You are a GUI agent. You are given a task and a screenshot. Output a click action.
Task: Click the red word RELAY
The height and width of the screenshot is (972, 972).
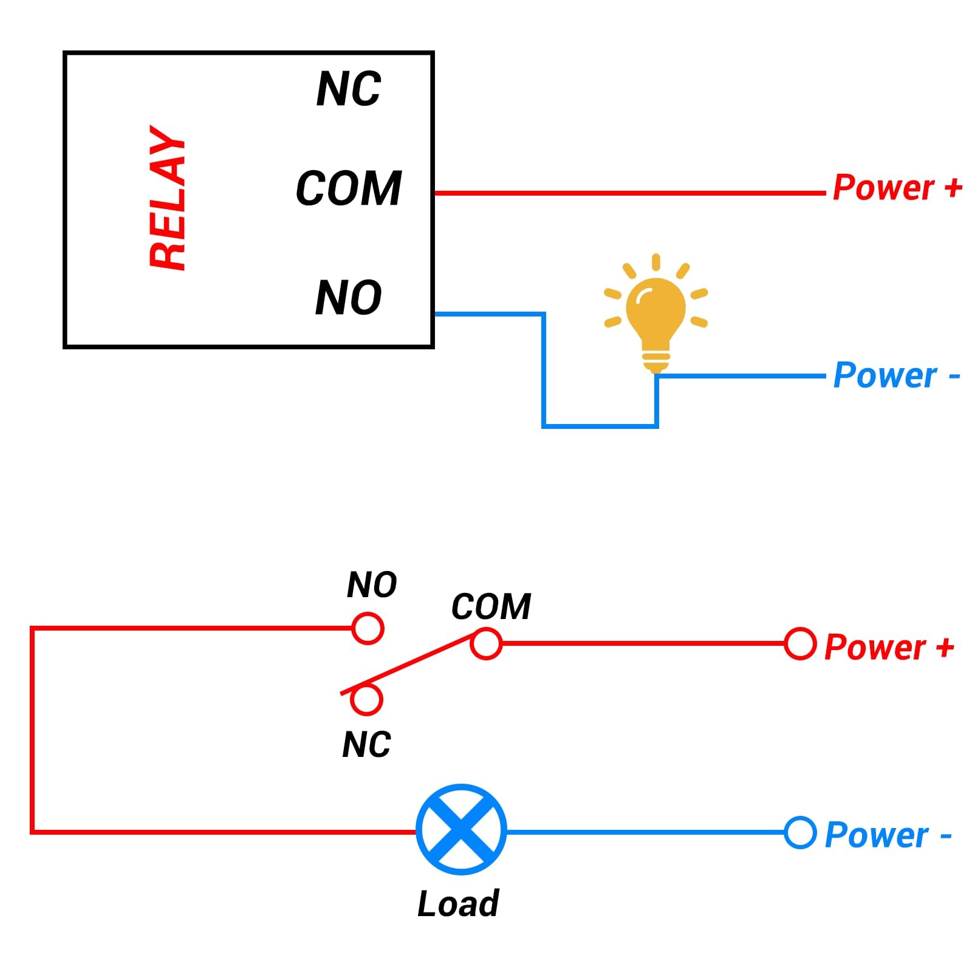(x=168, y=198)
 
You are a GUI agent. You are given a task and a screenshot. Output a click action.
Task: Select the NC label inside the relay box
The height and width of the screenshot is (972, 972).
(x=349, y=89)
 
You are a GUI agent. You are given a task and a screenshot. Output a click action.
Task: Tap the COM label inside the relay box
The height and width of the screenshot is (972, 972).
(x=349, y=188)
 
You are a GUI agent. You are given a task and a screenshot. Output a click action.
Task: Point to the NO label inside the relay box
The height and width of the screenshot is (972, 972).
(x=349, y=298)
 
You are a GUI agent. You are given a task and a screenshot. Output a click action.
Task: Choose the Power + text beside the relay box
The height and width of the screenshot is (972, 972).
(x=897, y=187)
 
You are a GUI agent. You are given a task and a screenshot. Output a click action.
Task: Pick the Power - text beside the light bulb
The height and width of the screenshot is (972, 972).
(x=896, y=375)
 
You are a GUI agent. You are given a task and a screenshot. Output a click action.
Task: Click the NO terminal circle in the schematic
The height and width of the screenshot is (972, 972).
(x=368, y=628)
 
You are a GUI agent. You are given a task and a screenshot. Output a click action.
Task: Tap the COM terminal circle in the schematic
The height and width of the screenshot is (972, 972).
(x=486, y=643)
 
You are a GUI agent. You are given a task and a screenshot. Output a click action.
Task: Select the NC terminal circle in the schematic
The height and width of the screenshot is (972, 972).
(x=366, y=699)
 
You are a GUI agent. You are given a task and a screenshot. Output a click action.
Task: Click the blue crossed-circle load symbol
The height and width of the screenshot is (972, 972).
(x=461, y=829)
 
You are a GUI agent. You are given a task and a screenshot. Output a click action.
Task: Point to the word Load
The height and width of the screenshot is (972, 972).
(x=458, y=903)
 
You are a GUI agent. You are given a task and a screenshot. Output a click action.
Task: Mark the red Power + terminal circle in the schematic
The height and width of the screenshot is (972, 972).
(x=799, y=644)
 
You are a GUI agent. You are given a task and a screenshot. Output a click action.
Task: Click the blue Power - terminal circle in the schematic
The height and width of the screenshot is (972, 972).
(x=799, y=833)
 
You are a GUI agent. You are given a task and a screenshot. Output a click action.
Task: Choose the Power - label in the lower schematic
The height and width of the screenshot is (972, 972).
(x=888, y=835)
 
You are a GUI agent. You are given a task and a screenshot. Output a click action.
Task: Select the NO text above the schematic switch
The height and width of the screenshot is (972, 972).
(x=372, y=585)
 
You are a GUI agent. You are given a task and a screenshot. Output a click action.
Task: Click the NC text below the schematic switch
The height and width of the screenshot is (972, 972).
(x=366, y=744)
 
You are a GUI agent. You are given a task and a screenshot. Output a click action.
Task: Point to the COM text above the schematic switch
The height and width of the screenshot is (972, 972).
(x=491, y=606)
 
